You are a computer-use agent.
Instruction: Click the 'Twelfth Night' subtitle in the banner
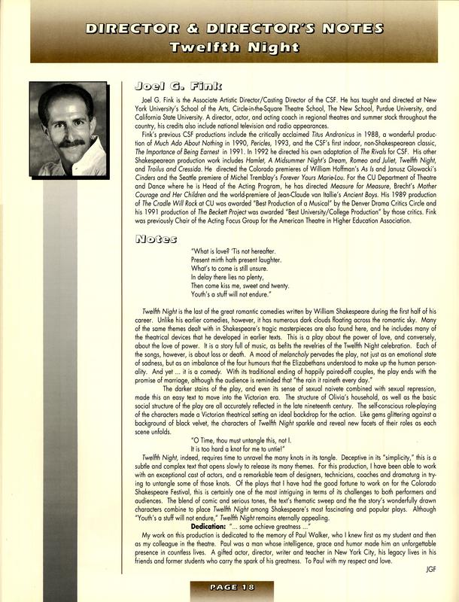click(x=229, y=47)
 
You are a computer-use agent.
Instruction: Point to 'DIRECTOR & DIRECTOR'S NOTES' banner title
click(x=229, y=29)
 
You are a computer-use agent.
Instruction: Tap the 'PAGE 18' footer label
click(x=229, y=588)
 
